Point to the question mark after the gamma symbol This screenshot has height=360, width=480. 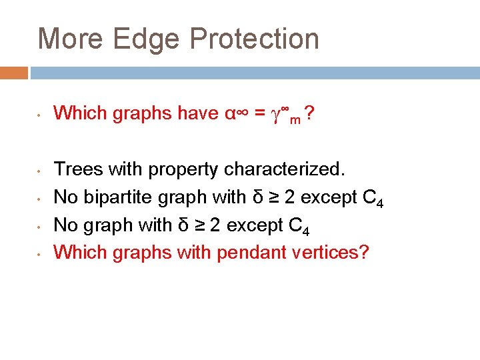click(310, 114)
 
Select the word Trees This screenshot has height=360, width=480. click(77, 169)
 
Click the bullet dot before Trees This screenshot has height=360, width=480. click(41, 171)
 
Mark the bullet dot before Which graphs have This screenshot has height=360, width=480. click(41, 115)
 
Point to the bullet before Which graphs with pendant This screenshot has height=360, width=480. click(41, 253)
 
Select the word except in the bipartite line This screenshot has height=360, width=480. click(327, 198)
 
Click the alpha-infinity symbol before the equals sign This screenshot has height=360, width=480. click(235, 114)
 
